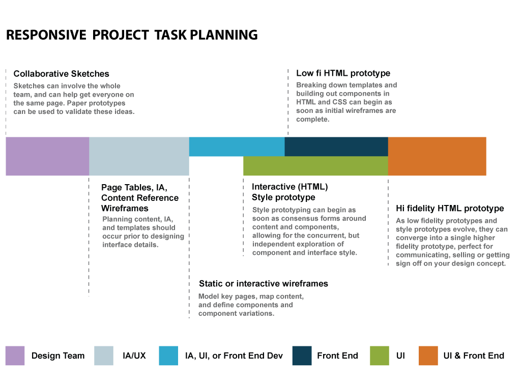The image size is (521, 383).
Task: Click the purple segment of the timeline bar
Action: click(x=47, y=156)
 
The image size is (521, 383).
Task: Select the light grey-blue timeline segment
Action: click(x=139, y=156)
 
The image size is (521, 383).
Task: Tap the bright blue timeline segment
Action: click(x=237, y=146)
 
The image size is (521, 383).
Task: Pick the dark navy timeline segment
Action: click(x=336, y=146)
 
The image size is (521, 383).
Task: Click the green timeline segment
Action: click(x=315, y=166)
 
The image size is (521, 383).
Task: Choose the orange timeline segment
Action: click(x=437, y=156)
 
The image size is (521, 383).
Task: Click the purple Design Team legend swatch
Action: click(x=15, y=356)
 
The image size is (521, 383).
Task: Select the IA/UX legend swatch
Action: click(x=104, y=356)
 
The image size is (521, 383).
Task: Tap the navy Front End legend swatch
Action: click(x=302, y=356)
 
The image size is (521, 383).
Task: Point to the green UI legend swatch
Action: click(x=380, y=356)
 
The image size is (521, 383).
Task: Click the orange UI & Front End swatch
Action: click(x=428, y=356)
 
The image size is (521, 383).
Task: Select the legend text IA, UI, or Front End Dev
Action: click(x=234, y=356)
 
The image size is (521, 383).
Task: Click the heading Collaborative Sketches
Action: click(x=61, y=74)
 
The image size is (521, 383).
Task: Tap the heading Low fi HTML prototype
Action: click(x=343, y=73)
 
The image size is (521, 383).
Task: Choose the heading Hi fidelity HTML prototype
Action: click(x=450, y=208)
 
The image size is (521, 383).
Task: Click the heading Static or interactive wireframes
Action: click(x=264, y=284)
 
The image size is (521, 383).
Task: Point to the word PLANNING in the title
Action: click(x=224, y=35)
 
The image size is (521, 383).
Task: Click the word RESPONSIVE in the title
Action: click(x=46, y=35)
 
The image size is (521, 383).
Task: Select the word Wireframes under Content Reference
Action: click(x=125, y=208)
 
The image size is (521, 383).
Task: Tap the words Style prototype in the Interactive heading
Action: click(x=283, y=197)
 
